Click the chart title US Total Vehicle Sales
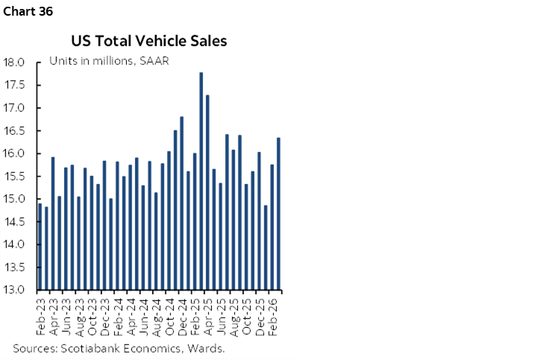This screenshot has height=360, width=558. click(149, 41)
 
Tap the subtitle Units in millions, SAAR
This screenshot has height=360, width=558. click(109, 60)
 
